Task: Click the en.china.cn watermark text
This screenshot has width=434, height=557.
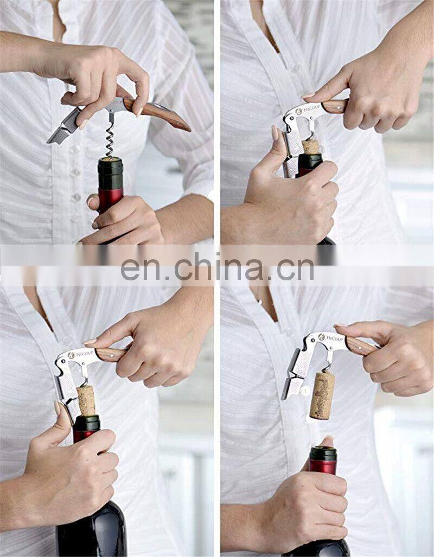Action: pos(217,270)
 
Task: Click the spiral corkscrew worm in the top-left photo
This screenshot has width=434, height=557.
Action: pos(110,139)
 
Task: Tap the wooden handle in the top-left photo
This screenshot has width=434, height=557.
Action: pos(156,113)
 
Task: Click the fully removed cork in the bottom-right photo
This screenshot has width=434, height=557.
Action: pos(322,395)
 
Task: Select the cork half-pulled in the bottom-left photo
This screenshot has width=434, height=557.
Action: pos(86,400)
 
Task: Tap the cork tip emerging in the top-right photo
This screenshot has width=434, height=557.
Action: pos(311,146)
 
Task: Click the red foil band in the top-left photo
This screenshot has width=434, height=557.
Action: pos(111,200)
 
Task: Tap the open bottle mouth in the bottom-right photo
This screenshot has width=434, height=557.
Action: pos(323,449)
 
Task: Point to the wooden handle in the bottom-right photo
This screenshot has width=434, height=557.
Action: pos(361,345)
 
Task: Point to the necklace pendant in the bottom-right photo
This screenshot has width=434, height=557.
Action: pos(259,302)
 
